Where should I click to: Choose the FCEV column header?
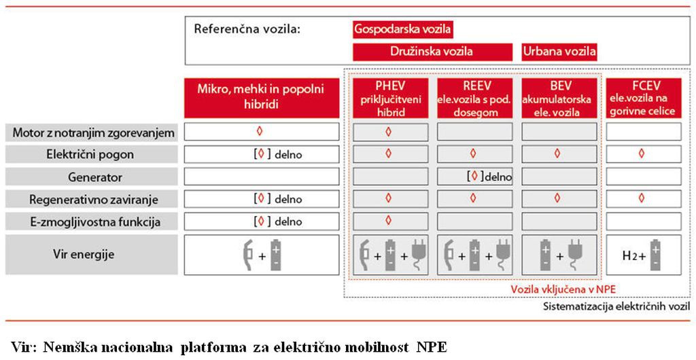coord(644,98)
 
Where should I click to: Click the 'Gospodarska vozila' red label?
coord(403,30)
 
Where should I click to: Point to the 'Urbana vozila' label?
coord(559,52)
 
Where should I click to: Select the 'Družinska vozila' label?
coord(433,52)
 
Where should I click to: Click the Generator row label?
coord(92,177)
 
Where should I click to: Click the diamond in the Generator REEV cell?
coord(474,176)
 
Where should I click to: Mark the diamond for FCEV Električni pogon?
coord(642,154)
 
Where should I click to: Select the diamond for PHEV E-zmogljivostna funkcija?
coord(388,220)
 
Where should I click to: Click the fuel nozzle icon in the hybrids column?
coord(247,255)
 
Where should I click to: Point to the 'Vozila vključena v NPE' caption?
coord(563,289)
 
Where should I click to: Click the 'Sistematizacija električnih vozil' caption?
coord(616,306)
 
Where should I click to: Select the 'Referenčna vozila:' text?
coord(247,30)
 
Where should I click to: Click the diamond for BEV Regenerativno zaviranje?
coord(557,198)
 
